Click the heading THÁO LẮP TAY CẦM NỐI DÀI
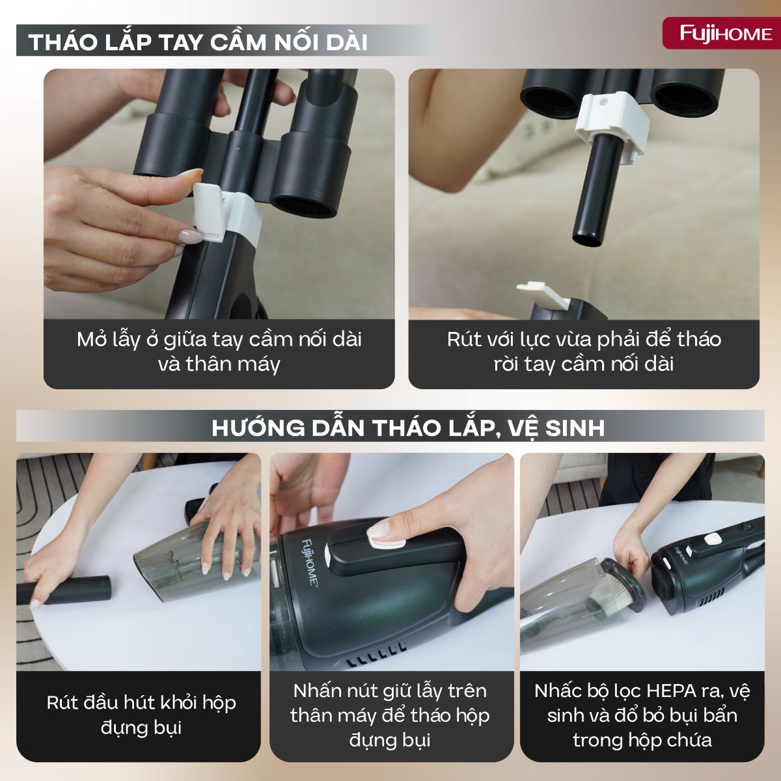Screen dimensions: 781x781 [x=199, y=42]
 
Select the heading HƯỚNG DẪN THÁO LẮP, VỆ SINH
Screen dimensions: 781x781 [x=408, y=428]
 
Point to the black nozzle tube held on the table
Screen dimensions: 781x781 [x=72, y=590]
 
